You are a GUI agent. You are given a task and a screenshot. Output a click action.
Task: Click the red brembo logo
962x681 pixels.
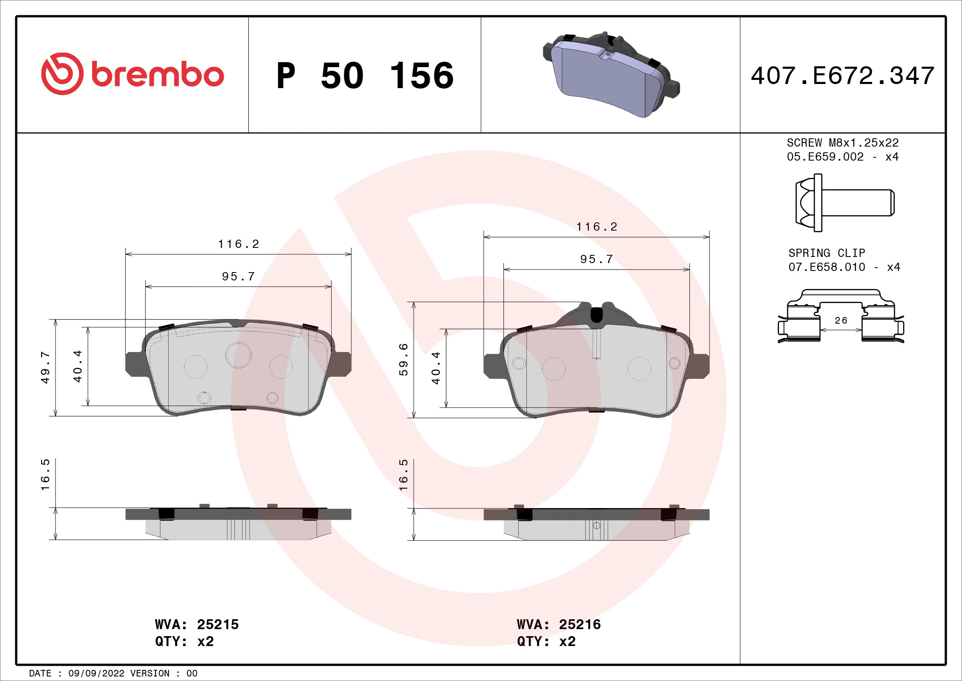[x=132, y=74]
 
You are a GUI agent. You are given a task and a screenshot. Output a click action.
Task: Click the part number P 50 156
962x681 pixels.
[x=364, y=76]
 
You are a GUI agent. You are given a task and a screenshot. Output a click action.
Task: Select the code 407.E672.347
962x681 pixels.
[x=842, y=76]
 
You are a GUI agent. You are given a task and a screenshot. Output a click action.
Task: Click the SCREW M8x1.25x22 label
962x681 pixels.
[x=842, y=142]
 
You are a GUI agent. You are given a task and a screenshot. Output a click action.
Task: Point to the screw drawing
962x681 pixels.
[x=844, y=203]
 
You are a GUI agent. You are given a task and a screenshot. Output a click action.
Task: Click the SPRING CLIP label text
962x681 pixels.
[x=826, y=253]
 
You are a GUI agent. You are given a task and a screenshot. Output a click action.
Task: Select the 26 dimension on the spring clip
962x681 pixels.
[x=841, y=320]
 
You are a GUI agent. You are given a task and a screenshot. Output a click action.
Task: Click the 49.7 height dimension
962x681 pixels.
[x=45, y=367]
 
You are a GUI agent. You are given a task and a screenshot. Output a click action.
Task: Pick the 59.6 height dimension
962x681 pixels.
[x=403, y=359]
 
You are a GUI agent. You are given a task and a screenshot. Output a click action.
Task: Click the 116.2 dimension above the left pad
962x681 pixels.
[x=239, y=244]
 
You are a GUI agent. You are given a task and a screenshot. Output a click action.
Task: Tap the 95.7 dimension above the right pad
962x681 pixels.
[x=596, y=259]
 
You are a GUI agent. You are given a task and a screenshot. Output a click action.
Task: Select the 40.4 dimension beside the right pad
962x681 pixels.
[x=436, y=368]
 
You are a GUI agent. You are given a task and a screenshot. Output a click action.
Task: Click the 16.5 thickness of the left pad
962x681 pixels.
[x=45, y=474]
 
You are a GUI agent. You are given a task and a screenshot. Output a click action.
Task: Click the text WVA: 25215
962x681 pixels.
[x=197, y=625]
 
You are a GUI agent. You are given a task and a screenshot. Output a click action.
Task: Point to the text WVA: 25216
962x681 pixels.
[x=559, y=625]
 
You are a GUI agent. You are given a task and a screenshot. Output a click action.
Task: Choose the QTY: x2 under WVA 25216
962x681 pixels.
[x=546, y=641]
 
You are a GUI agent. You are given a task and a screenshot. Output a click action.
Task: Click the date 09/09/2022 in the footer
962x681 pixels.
[x=96, y=673]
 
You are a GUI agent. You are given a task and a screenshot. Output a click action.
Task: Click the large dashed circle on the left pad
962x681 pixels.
[x=238, y=355]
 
